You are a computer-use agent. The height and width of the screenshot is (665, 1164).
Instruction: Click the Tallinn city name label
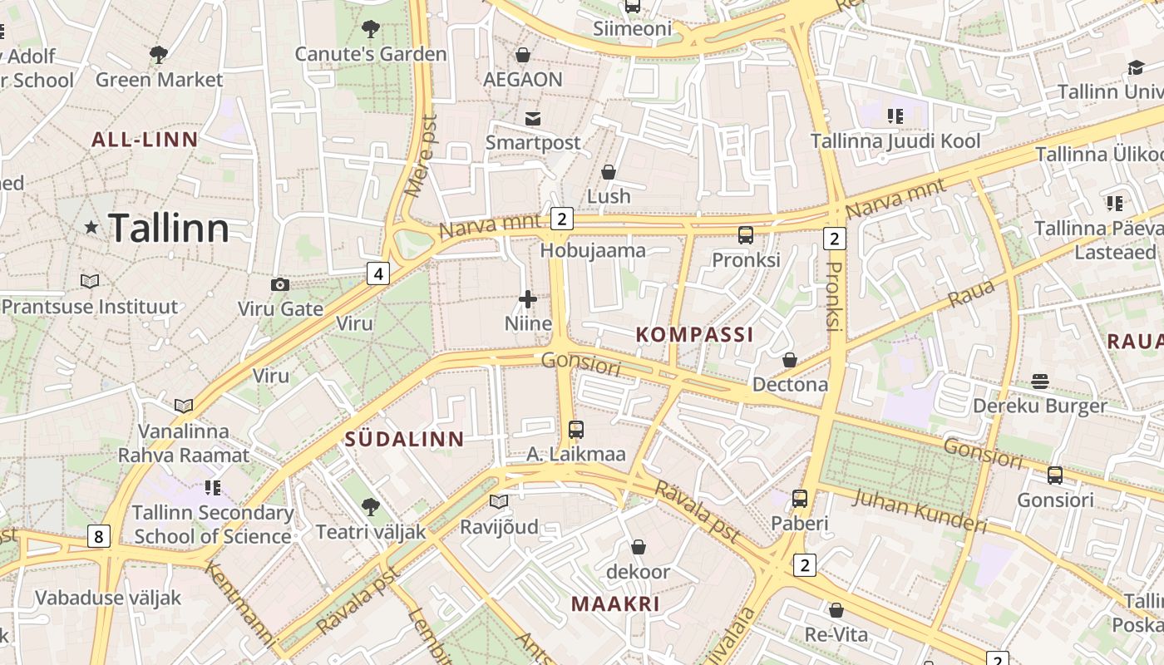[169, 228]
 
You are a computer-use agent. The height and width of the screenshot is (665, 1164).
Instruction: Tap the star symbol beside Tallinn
[91, 227]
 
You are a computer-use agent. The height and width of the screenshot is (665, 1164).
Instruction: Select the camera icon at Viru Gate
[280, 285]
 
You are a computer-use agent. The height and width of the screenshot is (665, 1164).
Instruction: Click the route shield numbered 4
[378, 273]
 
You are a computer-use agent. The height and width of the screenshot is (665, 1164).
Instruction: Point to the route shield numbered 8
[98, 536]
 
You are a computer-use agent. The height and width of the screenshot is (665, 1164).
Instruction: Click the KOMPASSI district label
[694, 335]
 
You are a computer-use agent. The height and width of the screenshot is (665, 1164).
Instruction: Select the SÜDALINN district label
[405, 440]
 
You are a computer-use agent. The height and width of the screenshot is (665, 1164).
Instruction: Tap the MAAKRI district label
[615, 604]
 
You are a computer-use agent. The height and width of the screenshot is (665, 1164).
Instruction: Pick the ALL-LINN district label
[145, 140]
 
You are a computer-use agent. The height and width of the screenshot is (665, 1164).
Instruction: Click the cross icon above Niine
[528, 299]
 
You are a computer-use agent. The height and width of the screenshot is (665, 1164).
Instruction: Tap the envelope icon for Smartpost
[532, 119]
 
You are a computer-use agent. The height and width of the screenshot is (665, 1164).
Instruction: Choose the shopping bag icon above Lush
[609, 172]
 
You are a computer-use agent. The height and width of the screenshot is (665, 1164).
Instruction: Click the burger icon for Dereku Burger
[1040, 382]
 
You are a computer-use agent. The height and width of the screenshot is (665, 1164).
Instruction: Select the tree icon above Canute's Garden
[371, 30]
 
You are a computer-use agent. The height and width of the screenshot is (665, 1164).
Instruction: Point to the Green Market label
[159, 80]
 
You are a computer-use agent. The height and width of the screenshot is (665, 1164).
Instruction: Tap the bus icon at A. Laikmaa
[575, 430]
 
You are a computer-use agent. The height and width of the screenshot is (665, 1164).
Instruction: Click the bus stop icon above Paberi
[799, 499]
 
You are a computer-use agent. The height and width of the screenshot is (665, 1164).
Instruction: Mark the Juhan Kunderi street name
[920, 510]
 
